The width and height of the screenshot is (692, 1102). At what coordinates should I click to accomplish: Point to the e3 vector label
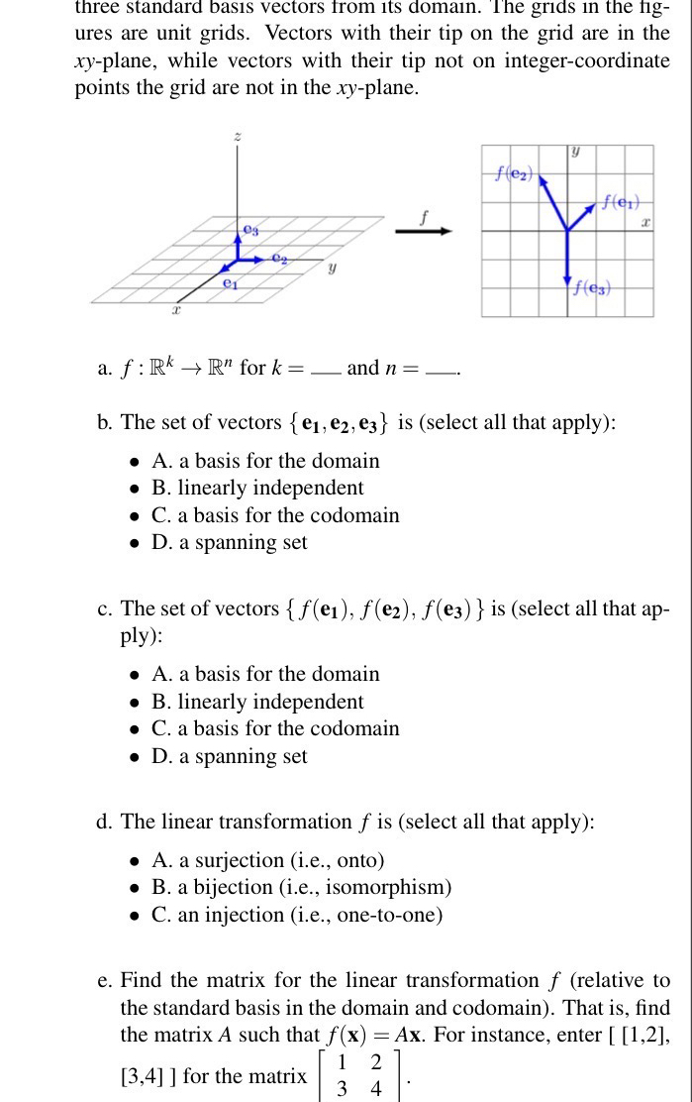pyautogui.click(x=249, y=231)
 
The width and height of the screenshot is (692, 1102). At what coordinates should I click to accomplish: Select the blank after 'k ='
pyautogui.click(x=324, y=371)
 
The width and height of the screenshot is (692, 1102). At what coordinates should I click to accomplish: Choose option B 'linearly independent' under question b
pyautogui.click(x=257, y=488)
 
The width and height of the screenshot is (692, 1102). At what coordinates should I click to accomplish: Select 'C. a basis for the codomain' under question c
pyautogui.click(x=275, y=728)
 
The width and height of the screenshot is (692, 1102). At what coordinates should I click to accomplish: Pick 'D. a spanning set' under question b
pyautogui.click(x=230, y=542)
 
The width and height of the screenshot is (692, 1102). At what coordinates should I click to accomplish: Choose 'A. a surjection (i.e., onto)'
pyautogui.click(x=267, y=860)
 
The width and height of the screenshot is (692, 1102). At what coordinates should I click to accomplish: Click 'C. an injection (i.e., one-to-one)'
pyautogui.click(x=297, y=915)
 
